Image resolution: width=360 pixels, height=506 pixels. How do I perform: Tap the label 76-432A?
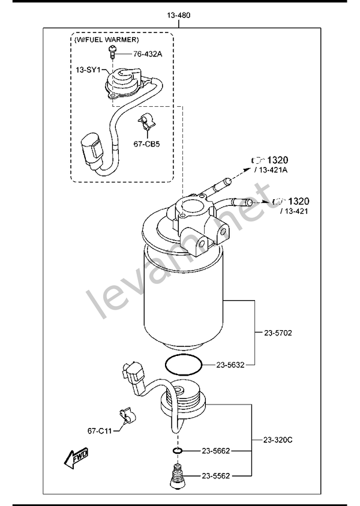[148, 54]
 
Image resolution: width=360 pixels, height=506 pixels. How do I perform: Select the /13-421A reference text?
[271, 170]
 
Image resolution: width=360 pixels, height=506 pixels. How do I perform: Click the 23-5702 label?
[278, 332]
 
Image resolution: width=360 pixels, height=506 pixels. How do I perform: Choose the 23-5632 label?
[229, 364]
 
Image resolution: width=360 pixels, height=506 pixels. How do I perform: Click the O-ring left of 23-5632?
[181, 364]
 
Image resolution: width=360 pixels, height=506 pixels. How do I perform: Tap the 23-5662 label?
[216, 450]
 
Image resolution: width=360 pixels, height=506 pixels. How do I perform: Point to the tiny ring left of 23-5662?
[177, 450]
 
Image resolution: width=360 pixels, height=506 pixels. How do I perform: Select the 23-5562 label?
[216, 475]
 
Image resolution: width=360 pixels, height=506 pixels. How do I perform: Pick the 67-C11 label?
[101, 430]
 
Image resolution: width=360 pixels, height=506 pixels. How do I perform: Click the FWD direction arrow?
[77, 458]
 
